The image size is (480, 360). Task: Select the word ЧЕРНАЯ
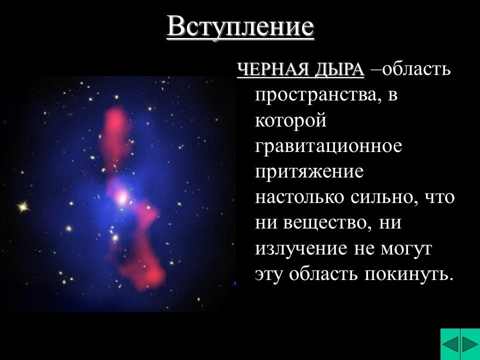pos(272,70)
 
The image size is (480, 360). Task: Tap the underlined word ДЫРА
pos(339,70)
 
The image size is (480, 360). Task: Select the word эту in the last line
pos(269,274)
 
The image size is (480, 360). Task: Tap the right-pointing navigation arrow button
pos(470,345)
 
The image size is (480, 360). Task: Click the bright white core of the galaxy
pos(120,197)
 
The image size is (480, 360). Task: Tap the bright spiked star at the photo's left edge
pos(22,205)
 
